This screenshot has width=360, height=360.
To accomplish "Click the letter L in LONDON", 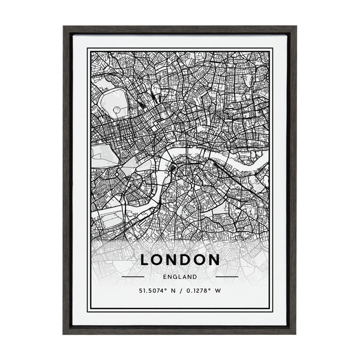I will (x=146, y=260).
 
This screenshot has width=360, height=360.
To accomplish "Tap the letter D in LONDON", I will (x=191, y=260).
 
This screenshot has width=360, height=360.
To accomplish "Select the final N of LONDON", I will (x=213, y=260).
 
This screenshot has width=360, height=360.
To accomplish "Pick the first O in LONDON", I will (x=160, y=260).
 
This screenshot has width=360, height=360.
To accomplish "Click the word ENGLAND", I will (x=179, y=277).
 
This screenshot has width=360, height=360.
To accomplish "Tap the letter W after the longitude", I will (x=218, y=292).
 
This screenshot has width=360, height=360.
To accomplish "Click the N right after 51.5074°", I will (x=173, y=292).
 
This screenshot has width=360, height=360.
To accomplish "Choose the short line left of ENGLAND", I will (x=133, y=277).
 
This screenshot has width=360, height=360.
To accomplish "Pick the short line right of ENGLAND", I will (x=227, y=277).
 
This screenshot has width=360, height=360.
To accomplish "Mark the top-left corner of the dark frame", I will (x=64, y=26).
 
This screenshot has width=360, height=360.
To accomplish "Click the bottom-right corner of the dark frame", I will (x=296, y=334).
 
